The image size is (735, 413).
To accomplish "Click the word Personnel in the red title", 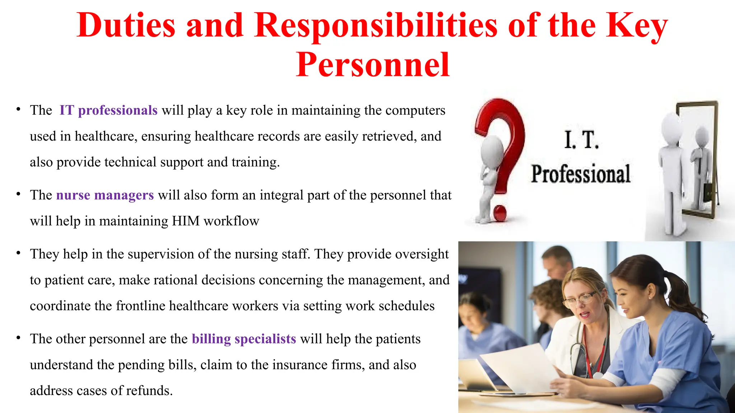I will point(373,65).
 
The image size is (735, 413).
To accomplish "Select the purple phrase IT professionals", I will point(108,110).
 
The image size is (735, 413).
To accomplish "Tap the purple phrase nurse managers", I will point(105,195).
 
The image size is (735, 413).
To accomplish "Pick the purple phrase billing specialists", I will point(244,339).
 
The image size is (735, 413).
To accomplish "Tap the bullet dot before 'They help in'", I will point(18,253).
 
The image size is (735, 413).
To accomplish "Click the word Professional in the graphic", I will point(581,174).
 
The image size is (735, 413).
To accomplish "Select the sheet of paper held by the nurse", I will point(520,369).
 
